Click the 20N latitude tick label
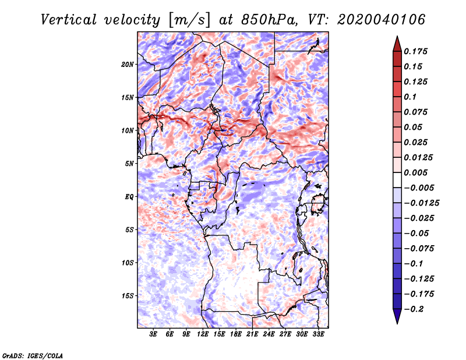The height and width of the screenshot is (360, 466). click(x=128, y=65)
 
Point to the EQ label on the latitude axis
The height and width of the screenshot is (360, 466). click(x=129, y=197)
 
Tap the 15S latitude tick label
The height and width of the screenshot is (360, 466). click(x=128, y=296)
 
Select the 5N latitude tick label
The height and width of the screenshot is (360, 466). click(x=129, y=164)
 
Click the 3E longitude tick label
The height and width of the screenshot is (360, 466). click(x=153, y=334)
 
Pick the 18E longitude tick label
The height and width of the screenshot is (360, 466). click(x=236, y=334)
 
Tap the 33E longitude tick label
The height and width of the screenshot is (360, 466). click(x=318, y=334)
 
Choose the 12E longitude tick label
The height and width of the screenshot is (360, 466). click(x=203, y=334)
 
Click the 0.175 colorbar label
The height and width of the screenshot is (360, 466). click(x=415, y=51)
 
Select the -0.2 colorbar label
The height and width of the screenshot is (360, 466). click(x=414, y=309)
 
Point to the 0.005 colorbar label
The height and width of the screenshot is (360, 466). click(x=415, y=172)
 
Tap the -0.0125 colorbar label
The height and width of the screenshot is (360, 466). click(x=421, y=203)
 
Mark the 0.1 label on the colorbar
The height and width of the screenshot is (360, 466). click(x=410, y=97)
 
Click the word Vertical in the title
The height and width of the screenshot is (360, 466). click(x=69, y=20)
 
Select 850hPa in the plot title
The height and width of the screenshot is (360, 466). click(x=269, y=20)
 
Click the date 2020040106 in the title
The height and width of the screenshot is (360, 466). click(x=382, y=20)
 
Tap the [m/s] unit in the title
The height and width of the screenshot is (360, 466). click(x=189, y=20)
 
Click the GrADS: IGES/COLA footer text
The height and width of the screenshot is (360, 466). click(x=33, y=356)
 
